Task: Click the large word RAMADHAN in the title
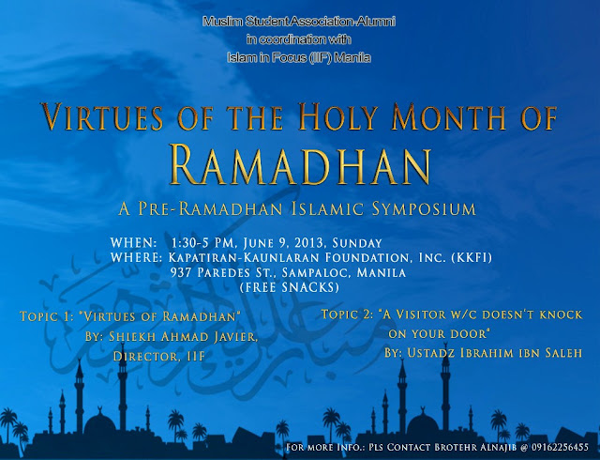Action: tap(300, 165)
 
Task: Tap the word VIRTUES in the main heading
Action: tap(102, 117)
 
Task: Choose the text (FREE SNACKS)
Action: tap(290, 287)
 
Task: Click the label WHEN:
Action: tap(133, 242)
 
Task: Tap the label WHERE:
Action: tap(137, 257)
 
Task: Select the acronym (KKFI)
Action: tap(472, 258)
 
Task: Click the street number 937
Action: tap(182, 272)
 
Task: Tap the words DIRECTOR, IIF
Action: tap(158, 357)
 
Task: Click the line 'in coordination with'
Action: tap(299, 39)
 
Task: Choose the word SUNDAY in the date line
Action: tap(357, 243)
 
